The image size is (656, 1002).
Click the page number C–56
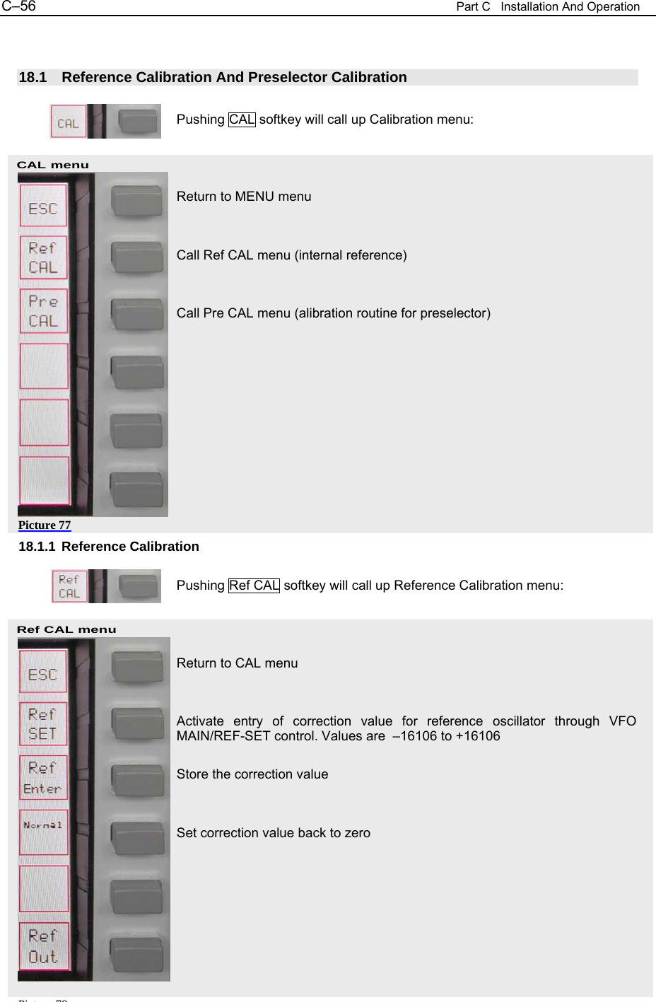(x=18, y=6)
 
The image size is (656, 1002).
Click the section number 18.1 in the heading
(x=33, y=78)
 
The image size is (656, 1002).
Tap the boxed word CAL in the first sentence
(x=242, y=120)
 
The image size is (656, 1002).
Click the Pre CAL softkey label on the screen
(x=43, y=311)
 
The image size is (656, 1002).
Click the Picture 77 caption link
(x=45, y=525)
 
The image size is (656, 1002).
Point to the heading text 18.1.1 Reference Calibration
(x=109, y=547)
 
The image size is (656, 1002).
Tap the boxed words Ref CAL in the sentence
(x=254, y=586)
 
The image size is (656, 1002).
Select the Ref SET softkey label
(x=42, y=724)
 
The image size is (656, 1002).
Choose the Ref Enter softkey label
(x=42, y=778)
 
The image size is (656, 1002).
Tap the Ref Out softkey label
(x=43, y=946)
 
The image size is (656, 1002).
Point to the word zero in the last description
(x=357, y=833)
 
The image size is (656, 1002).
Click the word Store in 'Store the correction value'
(x=192, y=774)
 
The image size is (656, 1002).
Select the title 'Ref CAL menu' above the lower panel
(x=66, y=629)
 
